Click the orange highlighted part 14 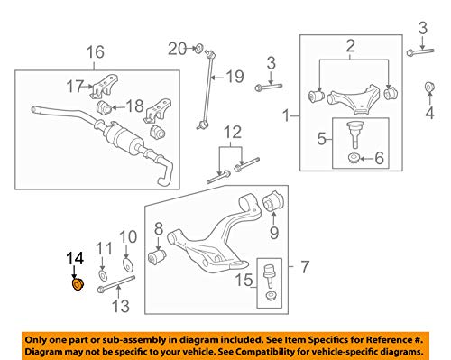point(78,284)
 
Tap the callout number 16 point(96,52)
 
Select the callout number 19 point(235,77)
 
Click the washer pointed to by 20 point(199,48)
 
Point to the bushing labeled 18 point(104,107)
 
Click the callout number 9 point(274,232)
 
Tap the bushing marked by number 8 point(157,256)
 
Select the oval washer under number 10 point(129,263)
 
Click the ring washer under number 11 point(103,274)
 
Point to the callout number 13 point(120,306)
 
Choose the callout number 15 point(244,280)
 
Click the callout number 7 point(305,267)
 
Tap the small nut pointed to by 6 point(354,158)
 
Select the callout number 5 point(322,139)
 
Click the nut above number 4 point(429,87)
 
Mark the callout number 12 point(233,132)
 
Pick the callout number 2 point(350,46)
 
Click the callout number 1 point(286,115)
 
